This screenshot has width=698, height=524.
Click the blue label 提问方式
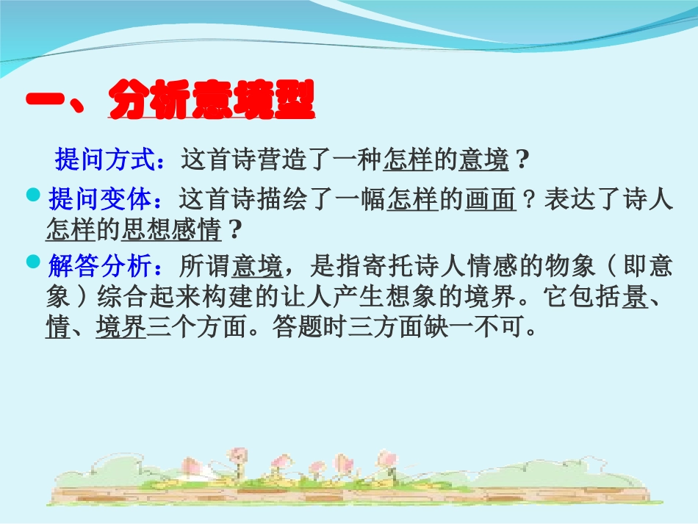(104, 159)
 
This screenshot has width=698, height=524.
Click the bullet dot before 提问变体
(32, 195)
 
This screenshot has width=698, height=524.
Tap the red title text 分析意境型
(212, 102)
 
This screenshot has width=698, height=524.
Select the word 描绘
(283, 199)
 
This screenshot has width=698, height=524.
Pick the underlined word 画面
(489, 199)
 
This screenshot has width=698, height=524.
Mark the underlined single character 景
(634, 296)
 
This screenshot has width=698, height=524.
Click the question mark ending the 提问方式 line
(522, 159)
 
